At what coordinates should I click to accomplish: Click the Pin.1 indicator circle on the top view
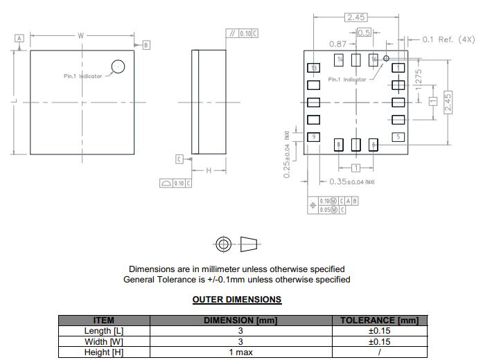pyautogui.click(x=118, y=66)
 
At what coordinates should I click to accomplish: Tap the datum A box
pyautogui.click(x=19, y=38)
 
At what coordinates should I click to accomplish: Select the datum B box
pyautogui.click(x=146, y=45)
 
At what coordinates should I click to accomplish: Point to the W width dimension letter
pyautogui.click(x=81, y=35)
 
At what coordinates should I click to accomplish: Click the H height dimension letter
pyautogui.click(x=209, y=170)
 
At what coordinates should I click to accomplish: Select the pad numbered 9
pyautogui.click(x=314, y=137)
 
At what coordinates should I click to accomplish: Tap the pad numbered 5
pyautogui.click(x=398, y=137)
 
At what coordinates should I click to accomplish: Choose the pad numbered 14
pyautogui.click(x=340, y=60)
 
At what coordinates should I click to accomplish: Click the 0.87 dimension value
pyautogui.click(x=337, y=44)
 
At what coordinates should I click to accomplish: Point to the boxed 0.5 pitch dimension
pyautogui.click(x=363, y=33)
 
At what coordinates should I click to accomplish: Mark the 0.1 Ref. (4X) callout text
pyautogui.click(x=447, y=39)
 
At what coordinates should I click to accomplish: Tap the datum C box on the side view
pyautogui.click(x=179, y=159)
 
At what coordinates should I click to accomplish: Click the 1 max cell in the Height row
pyautogui.click(x=240, y=352)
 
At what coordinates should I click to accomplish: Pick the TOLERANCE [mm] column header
pyautogui.click(x=379, y=320)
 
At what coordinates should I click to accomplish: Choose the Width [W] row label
pyautogui.click(x=104, y=341)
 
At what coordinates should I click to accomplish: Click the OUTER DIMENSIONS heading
pyautogui.click(x=236, y=300)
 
